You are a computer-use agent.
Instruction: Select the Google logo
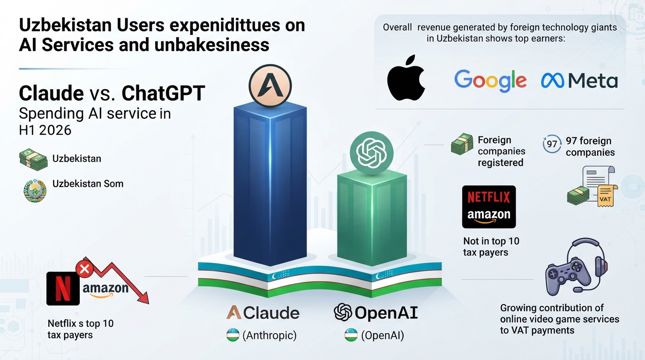[490, 80]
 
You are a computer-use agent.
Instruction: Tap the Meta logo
[579, 80]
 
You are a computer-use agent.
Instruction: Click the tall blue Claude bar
[270, 184]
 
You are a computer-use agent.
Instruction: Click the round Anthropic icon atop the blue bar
[270, 85]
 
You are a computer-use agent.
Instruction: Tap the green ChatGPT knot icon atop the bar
[371, 153]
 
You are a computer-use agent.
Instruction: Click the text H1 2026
[45, 130]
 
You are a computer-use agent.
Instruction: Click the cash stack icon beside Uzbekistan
[33, 159]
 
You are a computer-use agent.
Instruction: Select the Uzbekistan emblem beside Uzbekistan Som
[35, 190]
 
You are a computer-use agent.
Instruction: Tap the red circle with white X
[84, 269]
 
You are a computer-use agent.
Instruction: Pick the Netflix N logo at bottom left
[63, 288]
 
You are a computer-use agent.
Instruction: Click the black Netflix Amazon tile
[488, 207]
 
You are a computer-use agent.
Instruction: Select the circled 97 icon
[552, 144]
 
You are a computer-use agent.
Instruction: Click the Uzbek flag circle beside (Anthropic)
[232, 335]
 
